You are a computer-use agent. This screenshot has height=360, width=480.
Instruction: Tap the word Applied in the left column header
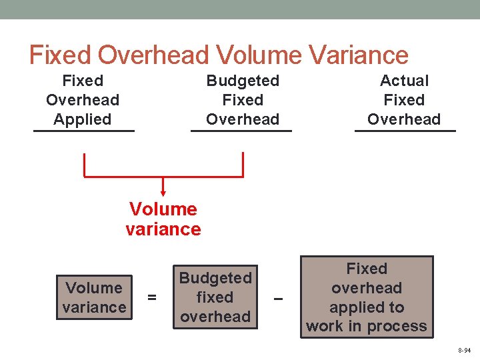(x=83, y=119)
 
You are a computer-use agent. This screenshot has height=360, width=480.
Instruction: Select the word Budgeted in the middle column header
(x=243, y=81)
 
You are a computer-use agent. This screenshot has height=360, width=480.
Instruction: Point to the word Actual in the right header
(x=404, y=81)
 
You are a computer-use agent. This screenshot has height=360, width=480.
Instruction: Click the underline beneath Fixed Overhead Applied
(x=84, y=131)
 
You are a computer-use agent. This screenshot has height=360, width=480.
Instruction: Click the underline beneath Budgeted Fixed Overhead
(x=241, y=131)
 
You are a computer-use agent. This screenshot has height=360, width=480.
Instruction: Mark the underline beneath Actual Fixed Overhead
(x=405, y=131)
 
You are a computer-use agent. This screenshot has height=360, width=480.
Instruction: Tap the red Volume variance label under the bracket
(x=163, y=219)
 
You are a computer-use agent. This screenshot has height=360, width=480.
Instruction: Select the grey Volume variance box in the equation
(x=95, y=297)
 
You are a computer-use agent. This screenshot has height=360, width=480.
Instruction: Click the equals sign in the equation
(x=152, y=298)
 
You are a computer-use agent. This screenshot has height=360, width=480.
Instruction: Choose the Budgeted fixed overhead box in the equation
(x=215, y=297)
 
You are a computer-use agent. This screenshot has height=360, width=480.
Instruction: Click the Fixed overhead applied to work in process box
(x=367, y=297)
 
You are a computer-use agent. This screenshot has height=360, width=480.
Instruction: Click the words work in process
(x=367, y=326)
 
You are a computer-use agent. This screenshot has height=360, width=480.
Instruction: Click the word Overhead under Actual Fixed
(x=404, y=119)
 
